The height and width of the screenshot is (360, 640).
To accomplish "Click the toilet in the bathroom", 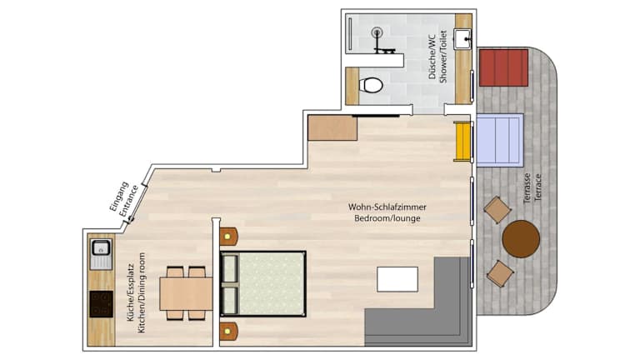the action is pyautogui.click(x=371, y=85).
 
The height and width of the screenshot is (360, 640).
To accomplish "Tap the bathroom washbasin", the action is pyautogui.click(x=462, y=39).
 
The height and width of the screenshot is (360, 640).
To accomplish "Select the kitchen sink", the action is pyautogui.click(x=101, y=254).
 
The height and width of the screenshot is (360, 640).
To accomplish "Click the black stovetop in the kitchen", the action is pyautogui.click(x=101, y=304).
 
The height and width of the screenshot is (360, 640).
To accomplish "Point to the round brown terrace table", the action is pyautogui.click(x=521, y=239).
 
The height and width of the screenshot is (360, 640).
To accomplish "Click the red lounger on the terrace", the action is pyautogui.click(x=503, y=67).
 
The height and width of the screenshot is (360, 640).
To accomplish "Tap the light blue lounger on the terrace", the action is pyautogui.click(x=500, y=140).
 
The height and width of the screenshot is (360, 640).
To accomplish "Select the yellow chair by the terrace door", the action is pyautogui.click(x=462, y=141).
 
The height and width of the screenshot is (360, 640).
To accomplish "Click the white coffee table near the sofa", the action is pyautogui.click(x=397, y=279).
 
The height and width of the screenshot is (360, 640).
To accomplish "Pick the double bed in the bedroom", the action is pyautogui.click(x=262, y=283).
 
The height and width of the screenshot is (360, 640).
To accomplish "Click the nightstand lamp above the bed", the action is pyautogui.click(x=227, y=237).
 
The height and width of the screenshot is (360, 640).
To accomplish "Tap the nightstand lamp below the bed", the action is pyautogui.click(x=227, y=332).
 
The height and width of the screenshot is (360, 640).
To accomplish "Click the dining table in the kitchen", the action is pyautogui.click(x=186, y=293).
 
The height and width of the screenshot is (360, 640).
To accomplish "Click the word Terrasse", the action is pyautogui.click(x=527, y=188).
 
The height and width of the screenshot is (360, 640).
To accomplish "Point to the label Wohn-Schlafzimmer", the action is pyautogui.click(x=387, y=207).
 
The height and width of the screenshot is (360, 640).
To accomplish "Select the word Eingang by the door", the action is pyautogui.click(x=119, y=197).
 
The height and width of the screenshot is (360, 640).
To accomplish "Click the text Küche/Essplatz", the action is pyautogui.click(x=131, y=292).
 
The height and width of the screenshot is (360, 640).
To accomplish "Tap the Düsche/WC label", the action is pyautogui.click(x=432, y=57).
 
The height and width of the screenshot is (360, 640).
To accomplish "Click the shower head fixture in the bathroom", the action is pyautogui.click(x=377, y=32).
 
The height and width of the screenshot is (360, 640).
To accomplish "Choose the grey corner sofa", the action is pyautogui.click(x=418, y=302).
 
